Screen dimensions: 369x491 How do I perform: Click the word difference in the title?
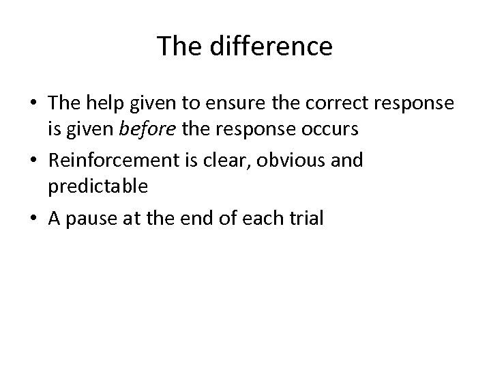(273, 46)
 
